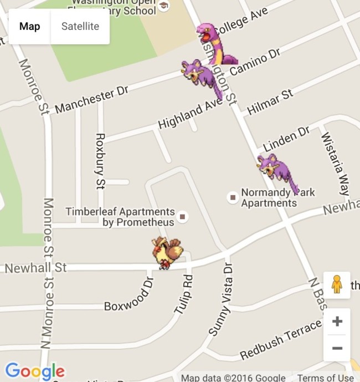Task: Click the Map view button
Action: pos(30,26)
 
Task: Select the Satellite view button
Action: pos(80,26)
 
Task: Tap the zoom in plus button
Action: pos(337,322)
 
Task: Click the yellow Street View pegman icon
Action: pos(337,284)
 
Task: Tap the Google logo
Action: pos(35,371)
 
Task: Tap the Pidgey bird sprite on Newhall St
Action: pos(167,253)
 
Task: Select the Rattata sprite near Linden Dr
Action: pos(275,170)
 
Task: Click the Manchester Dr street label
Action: pos(91,100)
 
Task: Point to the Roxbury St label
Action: pos(100,161)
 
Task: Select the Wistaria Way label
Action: pos(335,163)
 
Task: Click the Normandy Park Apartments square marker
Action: pos(233,197)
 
